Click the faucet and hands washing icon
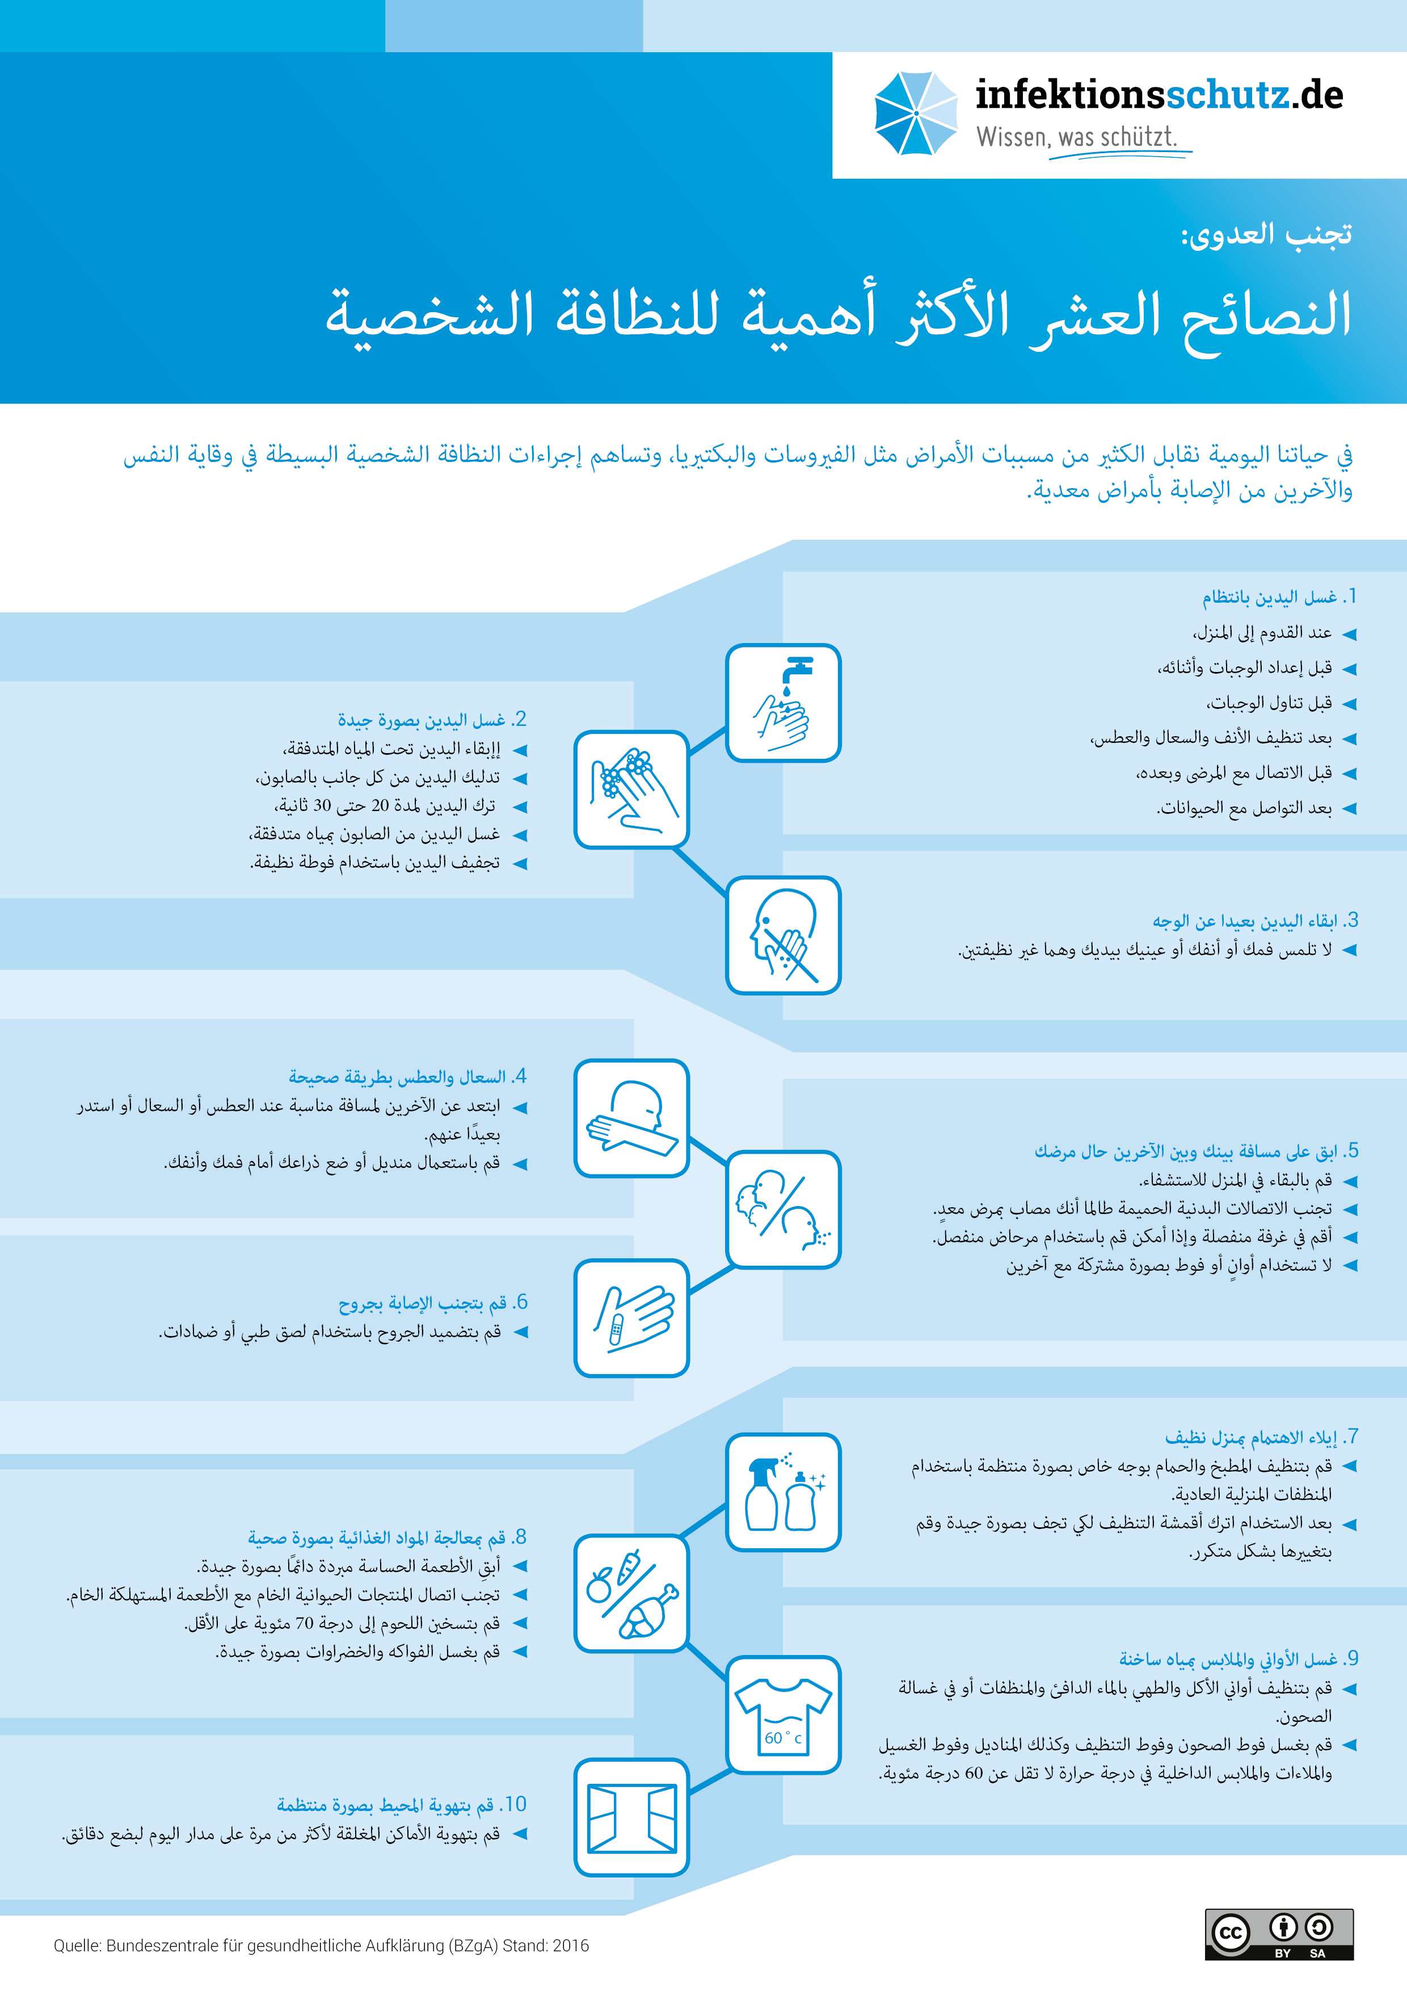(783, 703)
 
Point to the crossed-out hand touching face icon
(783, 935)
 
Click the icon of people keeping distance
(783, 1209)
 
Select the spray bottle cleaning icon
(783, 1492)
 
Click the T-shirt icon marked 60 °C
(783, 1715)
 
